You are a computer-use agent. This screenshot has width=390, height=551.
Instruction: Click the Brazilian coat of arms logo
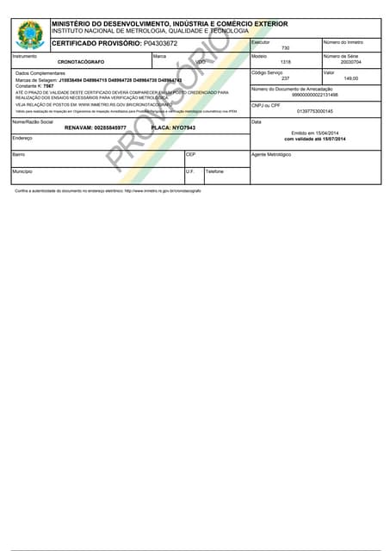point(30,34)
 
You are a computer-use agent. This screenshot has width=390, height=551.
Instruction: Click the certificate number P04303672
point(160,43)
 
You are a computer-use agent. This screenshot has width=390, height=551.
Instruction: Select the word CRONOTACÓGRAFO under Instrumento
point(82,63)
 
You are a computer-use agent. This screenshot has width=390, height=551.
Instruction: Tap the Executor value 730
point(285,48)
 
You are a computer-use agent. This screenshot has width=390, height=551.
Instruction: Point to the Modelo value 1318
point(285,63)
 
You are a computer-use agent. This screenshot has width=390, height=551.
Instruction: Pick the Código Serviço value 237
point(285,78)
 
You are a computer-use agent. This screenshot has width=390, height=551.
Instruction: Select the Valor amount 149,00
point(350,78)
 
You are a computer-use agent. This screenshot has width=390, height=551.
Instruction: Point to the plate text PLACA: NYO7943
point(173,127)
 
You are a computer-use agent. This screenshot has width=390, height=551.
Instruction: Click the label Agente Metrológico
point(271,155)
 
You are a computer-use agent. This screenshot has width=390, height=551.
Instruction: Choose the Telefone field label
point(214,171)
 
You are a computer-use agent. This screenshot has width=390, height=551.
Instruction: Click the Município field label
point(22,171)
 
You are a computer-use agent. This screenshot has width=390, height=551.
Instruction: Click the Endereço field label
point(22,138)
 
